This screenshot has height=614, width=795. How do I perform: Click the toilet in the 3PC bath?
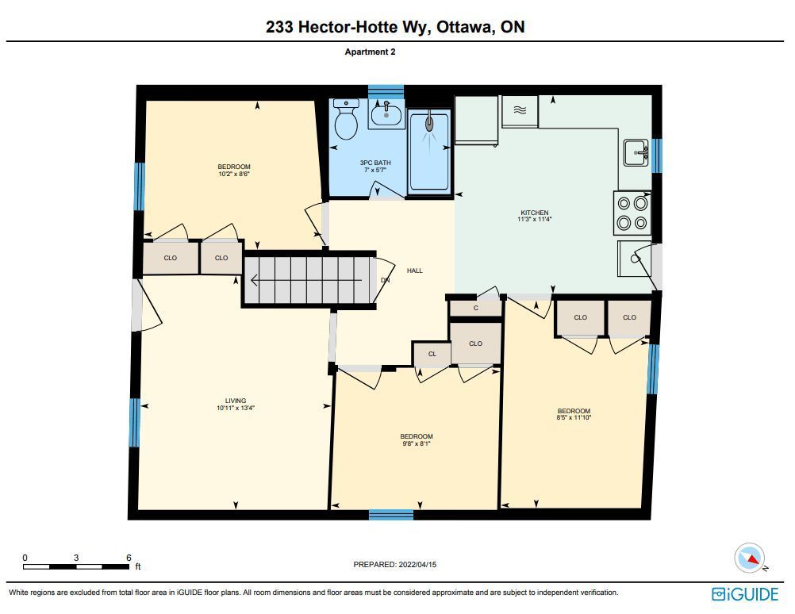[346, 119]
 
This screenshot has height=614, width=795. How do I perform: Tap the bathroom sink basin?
[386, 114]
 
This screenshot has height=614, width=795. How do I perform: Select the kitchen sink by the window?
[636, 152]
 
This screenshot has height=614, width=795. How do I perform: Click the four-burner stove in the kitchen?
[632, 213]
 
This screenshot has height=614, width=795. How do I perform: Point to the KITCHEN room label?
[535, 213]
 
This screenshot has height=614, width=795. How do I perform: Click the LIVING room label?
[236, 401]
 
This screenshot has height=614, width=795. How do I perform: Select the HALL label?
[415, 271]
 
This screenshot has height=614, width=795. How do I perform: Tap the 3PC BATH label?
[375, 163]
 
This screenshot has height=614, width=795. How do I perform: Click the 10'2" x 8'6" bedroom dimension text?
[234, 174]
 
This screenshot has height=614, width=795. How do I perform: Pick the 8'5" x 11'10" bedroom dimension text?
[574, 418]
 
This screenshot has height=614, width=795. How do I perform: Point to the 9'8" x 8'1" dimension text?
[417, 443]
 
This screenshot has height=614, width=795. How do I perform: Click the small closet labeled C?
[475, 309]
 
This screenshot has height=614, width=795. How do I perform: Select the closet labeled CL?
[432, 354]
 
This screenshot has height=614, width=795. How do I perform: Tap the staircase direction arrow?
[307, 280]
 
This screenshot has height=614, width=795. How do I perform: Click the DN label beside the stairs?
[386, 280]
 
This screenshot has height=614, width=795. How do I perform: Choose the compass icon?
[749, 558]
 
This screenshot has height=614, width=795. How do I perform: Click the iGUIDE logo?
[745, 594]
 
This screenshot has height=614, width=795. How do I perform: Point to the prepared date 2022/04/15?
[417, 564]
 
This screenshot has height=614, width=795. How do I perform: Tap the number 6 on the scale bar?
[129, 558]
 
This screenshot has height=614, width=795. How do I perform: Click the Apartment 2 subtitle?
[370, 52]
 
